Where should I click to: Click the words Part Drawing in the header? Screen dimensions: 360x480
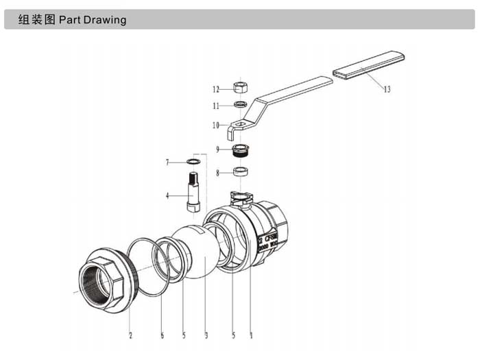[93, 20]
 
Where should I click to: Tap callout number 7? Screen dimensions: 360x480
[167, 162]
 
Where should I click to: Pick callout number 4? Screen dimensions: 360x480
[167, 195]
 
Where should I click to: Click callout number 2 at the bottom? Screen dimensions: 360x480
[130, 335]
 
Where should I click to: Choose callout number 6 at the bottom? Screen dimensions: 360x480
[162, 335]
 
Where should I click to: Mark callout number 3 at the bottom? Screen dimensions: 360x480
[206, 335]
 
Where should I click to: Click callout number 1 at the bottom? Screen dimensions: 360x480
[251, 335]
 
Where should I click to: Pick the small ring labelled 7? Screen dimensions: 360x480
[194, 162]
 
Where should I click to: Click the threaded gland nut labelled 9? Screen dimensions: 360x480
[240, 149]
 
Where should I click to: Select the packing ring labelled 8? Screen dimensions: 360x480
[241, 172]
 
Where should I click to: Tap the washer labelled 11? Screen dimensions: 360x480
[240, 105]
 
